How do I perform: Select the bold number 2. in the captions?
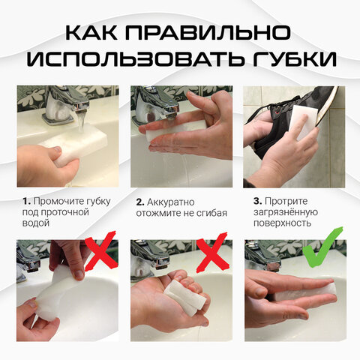tap(140, 202)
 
